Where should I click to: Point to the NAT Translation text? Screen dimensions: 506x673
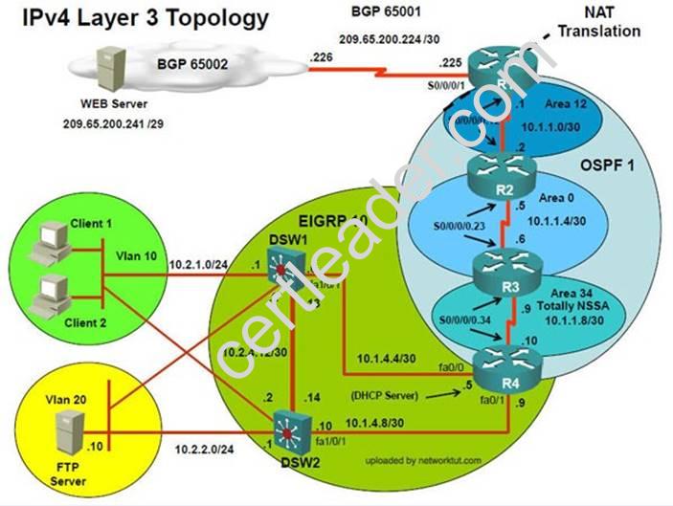click(x=599, y=23)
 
